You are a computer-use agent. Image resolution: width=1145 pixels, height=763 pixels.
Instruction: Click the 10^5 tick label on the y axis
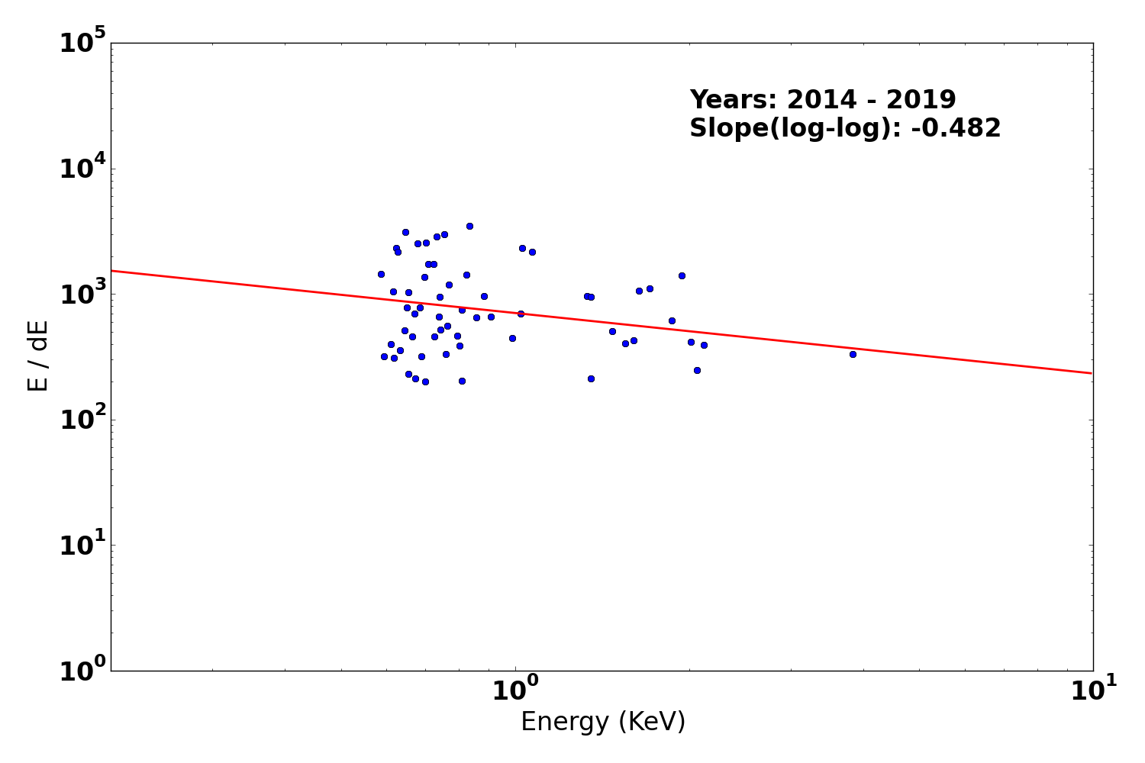click(83, 43)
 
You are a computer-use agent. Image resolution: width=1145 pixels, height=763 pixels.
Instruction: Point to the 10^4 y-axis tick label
click(83, 169)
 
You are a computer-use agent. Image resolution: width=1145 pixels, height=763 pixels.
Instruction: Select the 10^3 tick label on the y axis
click(83, 295)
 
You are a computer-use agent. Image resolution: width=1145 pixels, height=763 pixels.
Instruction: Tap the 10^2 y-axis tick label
click(83, 420)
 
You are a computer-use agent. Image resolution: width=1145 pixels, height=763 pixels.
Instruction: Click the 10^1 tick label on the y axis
click(83, 546)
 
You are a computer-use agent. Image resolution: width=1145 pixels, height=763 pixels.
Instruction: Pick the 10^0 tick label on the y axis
click(83, 671)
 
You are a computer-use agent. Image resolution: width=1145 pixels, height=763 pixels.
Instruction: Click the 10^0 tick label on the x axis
click(515, 691)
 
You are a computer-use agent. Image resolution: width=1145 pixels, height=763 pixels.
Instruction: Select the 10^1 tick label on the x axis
click(1092, 691)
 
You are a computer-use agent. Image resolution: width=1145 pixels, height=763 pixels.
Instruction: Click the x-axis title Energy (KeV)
click(603, 722)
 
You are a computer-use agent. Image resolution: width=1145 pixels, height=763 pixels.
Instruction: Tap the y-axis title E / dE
click(38, 356)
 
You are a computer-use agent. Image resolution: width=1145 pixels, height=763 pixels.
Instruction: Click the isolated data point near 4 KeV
click(853, 354)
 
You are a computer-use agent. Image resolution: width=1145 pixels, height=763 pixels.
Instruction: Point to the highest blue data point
click(469, 226)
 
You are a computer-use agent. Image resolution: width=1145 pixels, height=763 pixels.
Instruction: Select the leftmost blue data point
click(381, 274)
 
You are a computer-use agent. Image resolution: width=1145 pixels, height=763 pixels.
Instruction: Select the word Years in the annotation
click(733, 100)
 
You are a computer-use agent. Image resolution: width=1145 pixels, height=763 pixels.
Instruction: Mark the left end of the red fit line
click(112, 270)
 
